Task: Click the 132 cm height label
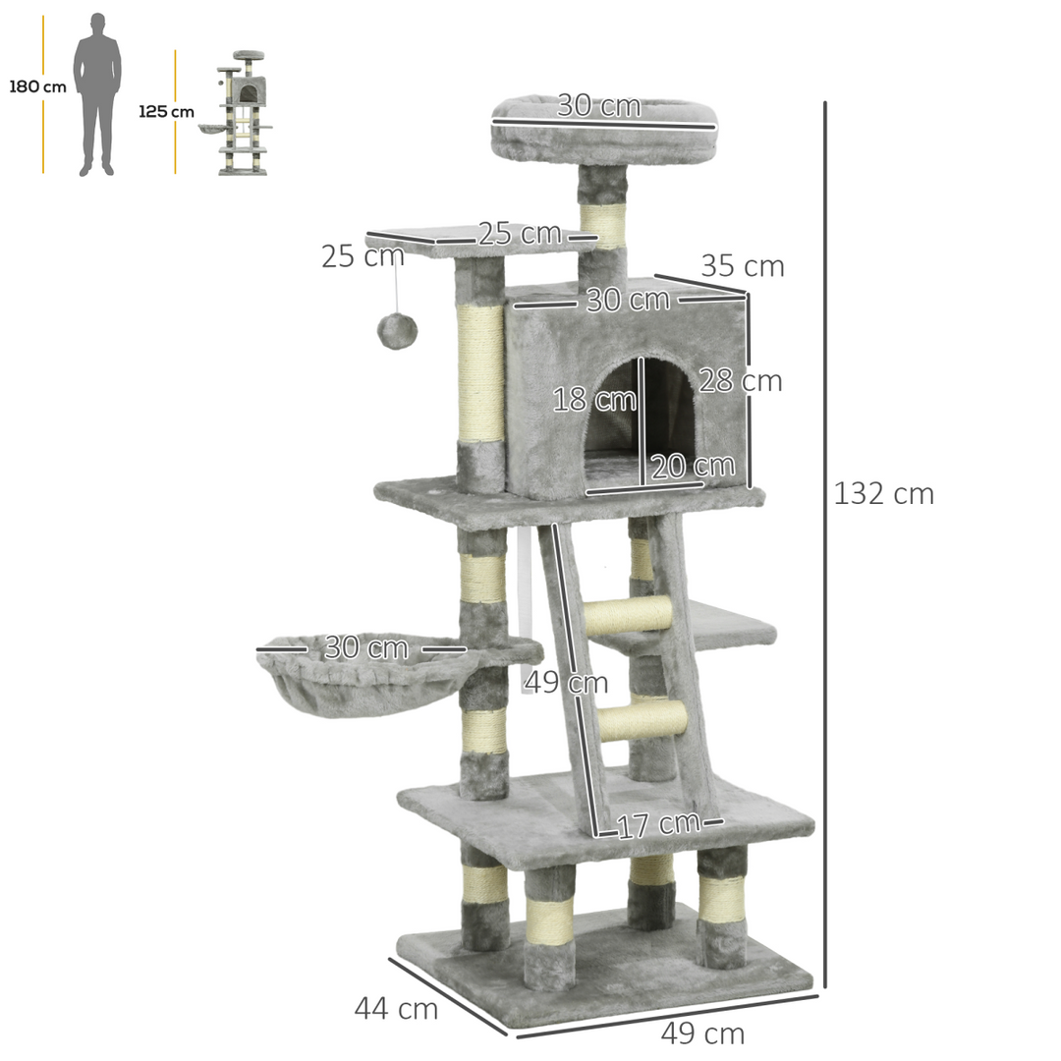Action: tap(883, 493)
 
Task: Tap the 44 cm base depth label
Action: tap(396, 1008)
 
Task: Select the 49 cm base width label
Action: tap(702, 1033)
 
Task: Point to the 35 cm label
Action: tap(742, 266)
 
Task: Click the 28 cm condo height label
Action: tap(740, 381)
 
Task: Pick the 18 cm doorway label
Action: tap(594, 400)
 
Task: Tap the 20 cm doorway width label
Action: tap(693, 466)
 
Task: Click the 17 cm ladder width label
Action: tap(658, 825)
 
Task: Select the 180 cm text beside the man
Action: tap(38, 86)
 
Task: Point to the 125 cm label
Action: tap(166, 111)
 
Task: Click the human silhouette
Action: tap(97, 94)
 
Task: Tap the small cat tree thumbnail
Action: tap(240, 112)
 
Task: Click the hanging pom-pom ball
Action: tap(397, 330)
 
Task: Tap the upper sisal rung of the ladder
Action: tap(628, 615)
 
